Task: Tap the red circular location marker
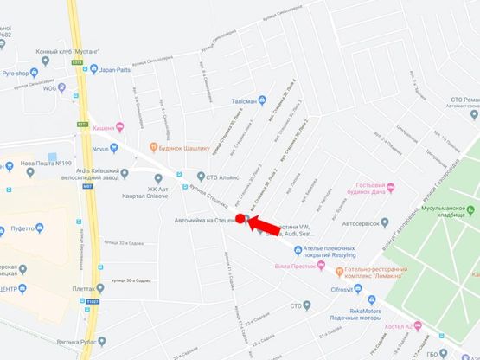click(240, 218)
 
